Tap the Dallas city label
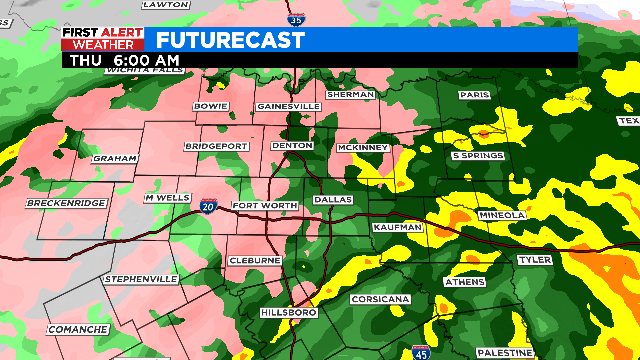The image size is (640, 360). click(x=333, y=200)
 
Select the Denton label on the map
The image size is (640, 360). click(x=293, y=146)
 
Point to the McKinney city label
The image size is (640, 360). click(x=362, y=148)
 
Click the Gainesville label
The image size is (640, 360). click(x=288, y=106)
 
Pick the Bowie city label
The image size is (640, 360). click(x=211, y=106)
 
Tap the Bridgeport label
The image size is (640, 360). click(x=216, y=146)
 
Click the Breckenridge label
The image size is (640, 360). click(x=66, y=203)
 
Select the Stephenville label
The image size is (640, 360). click(x=141, y=278)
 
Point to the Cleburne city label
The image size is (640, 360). click(x=255, y=260)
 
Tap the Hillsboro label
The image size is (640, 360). click(x=289, y=313)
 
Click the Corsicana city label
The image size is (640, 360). click(x=380, y=300)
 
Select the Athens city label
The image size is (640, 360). click(x=463, y=282)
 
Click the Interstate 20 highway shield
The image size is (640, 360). click(x=207, y=205)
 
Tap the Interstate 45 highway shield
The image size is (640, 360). click(x=421, y=352)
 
